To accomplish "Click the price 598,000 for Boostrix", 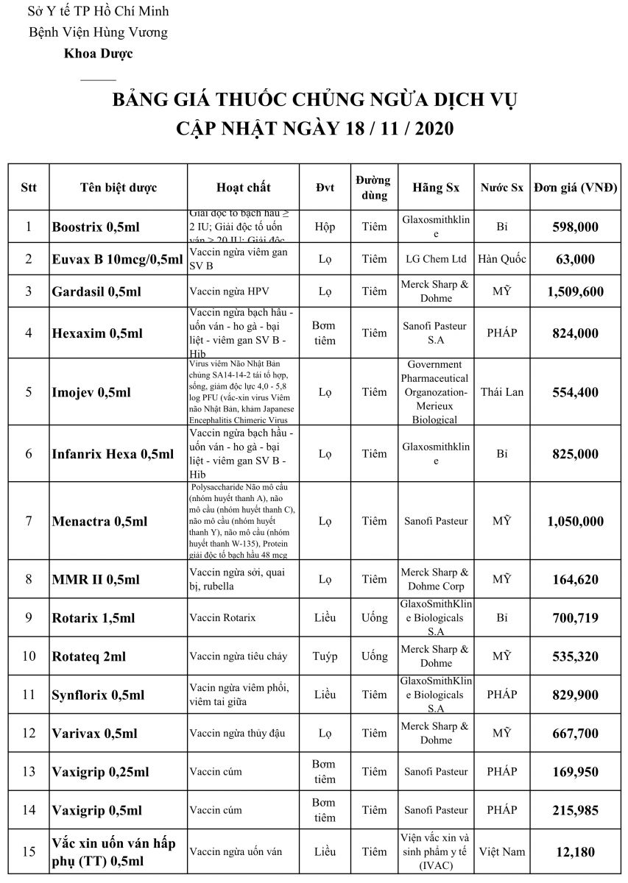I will [x=575, y=227].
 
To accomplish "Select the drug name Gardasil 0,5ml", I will [x=96, y=292].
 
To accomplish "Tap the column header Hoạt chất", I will [x=244, y=188].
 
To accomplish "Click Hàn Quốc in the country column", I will [x=502, y=259].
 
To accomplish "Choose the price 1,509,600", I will [x=575, y=292].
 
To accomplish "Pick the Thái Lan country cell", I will [x=502, y=391].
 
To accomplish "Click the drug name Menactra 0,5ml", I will [x=99, y=522].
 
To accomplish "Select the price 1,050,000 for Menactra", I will [x=575, y=522].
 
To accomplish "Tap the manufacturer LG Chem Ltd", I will [x=436, y=259].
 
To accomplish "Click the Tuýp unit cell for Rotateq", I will [x=325, y=656].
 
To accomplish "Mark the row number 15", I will [x=29, y=852].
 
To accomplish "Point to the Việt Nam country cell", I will [x=502, y=851].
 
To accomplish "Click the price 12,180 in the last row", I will [x=575, y=852].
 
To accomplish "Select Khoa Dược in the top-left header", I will [x=98, y=53].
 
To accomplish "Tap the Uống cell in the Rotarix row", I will [x=374, y=618].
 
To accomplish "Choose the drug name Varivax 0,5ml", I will [x=94, y=734].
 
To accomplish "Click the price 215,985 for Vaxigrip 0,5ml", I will [x=575, y=811].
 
